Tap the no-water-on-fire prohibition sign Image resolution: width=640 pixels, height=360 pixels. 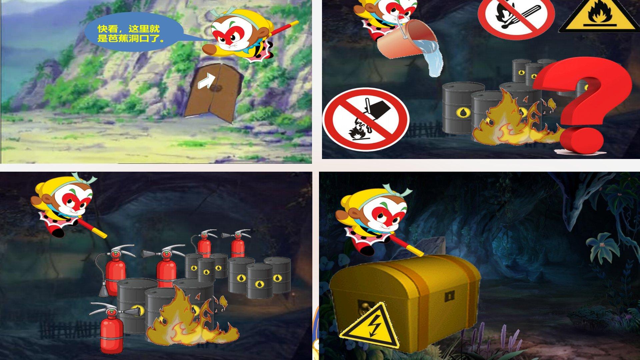tap(366, 119)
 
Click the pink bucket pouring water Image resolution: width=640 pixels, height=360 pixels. tap(406, 39)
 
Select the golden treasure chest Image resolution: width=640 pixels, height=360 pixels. tap(405, 300)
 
